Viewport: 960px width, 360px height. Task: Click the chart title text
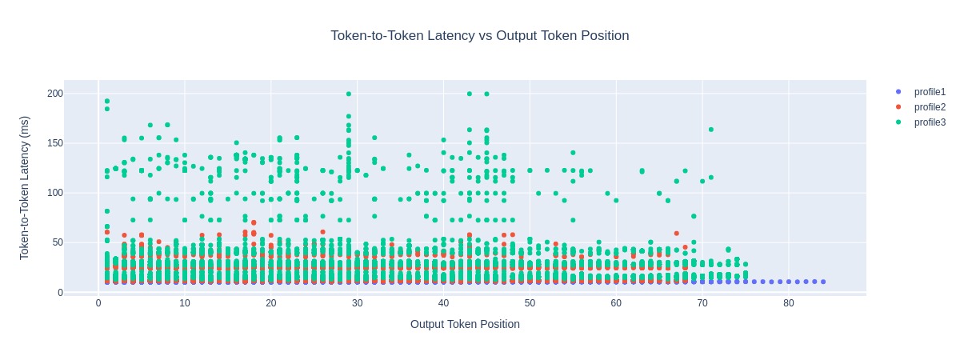coord(480,36)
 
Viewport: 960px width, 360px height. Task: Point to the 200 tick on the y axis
coord(54,94)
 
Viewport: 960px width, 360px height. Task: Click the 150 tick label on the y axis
coord(54,143)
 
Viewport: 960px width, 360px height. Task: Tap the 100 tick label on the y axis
coord(54,193)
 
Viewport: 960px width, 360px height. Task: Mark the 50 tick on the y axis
coord(57,242)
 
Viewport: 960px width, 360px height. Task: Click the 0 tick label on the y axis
coord(60,293)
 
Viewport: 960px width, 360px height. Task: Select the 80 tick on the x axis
coord(789,304)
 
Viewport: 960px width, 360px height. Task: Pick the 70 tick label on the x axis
coord(702,304)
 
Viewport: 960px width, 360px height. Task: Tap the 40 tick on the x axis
coord(443,304)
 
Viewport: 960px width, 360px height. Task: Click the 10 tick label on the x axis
coord(184,304)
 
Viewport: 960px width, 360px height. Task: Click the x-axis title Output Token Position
coord(465,324)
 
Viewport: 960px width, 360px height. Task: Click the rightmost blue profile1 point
coord(823,282)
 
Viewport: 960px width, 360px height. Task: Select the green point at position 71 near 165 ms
coord(711,130)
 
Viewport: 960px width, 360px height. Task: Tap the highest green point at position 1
coord(106,102)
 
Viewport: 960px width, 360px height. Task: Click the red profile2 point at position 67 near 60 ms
coord(677,234)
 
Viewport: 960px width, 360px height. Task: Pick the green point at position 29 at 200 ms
coord(349,94)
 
